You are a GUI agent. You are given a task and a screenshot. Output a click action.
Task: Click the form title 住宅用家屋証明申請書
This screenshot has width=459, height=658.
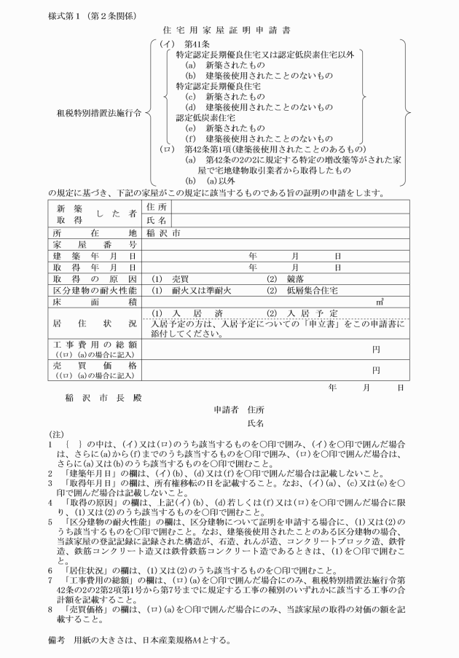click(229, 31)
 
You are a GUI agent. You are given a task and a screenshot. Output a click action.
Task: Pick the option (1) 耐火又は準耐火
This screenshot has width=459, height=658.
click(191, 290)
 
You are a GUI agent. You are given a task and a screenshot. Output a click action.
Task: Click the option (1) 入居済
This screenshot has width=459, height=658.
click(186, 313)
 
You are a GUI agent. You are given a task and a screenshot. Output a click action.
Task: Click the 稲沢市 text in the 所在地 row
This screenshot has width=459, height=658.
click(163, 233)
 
